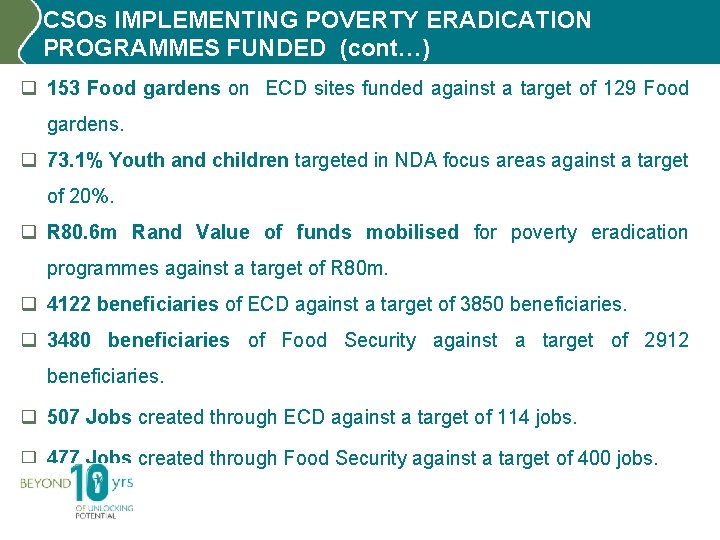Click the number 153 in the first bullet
click(64, 88)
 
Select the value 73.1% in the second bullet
click(75, 160)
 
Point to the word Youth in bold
click(134, 160)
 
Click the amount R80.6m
click(82, 232)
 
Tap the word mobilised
click(412, 232)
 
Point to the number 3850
click(484, 304)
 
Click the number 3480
click(68, 340)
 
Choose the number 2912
click(666, 340)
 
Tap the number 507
click(64, 417)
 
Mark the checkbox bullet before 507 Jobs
click(29, 417)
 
